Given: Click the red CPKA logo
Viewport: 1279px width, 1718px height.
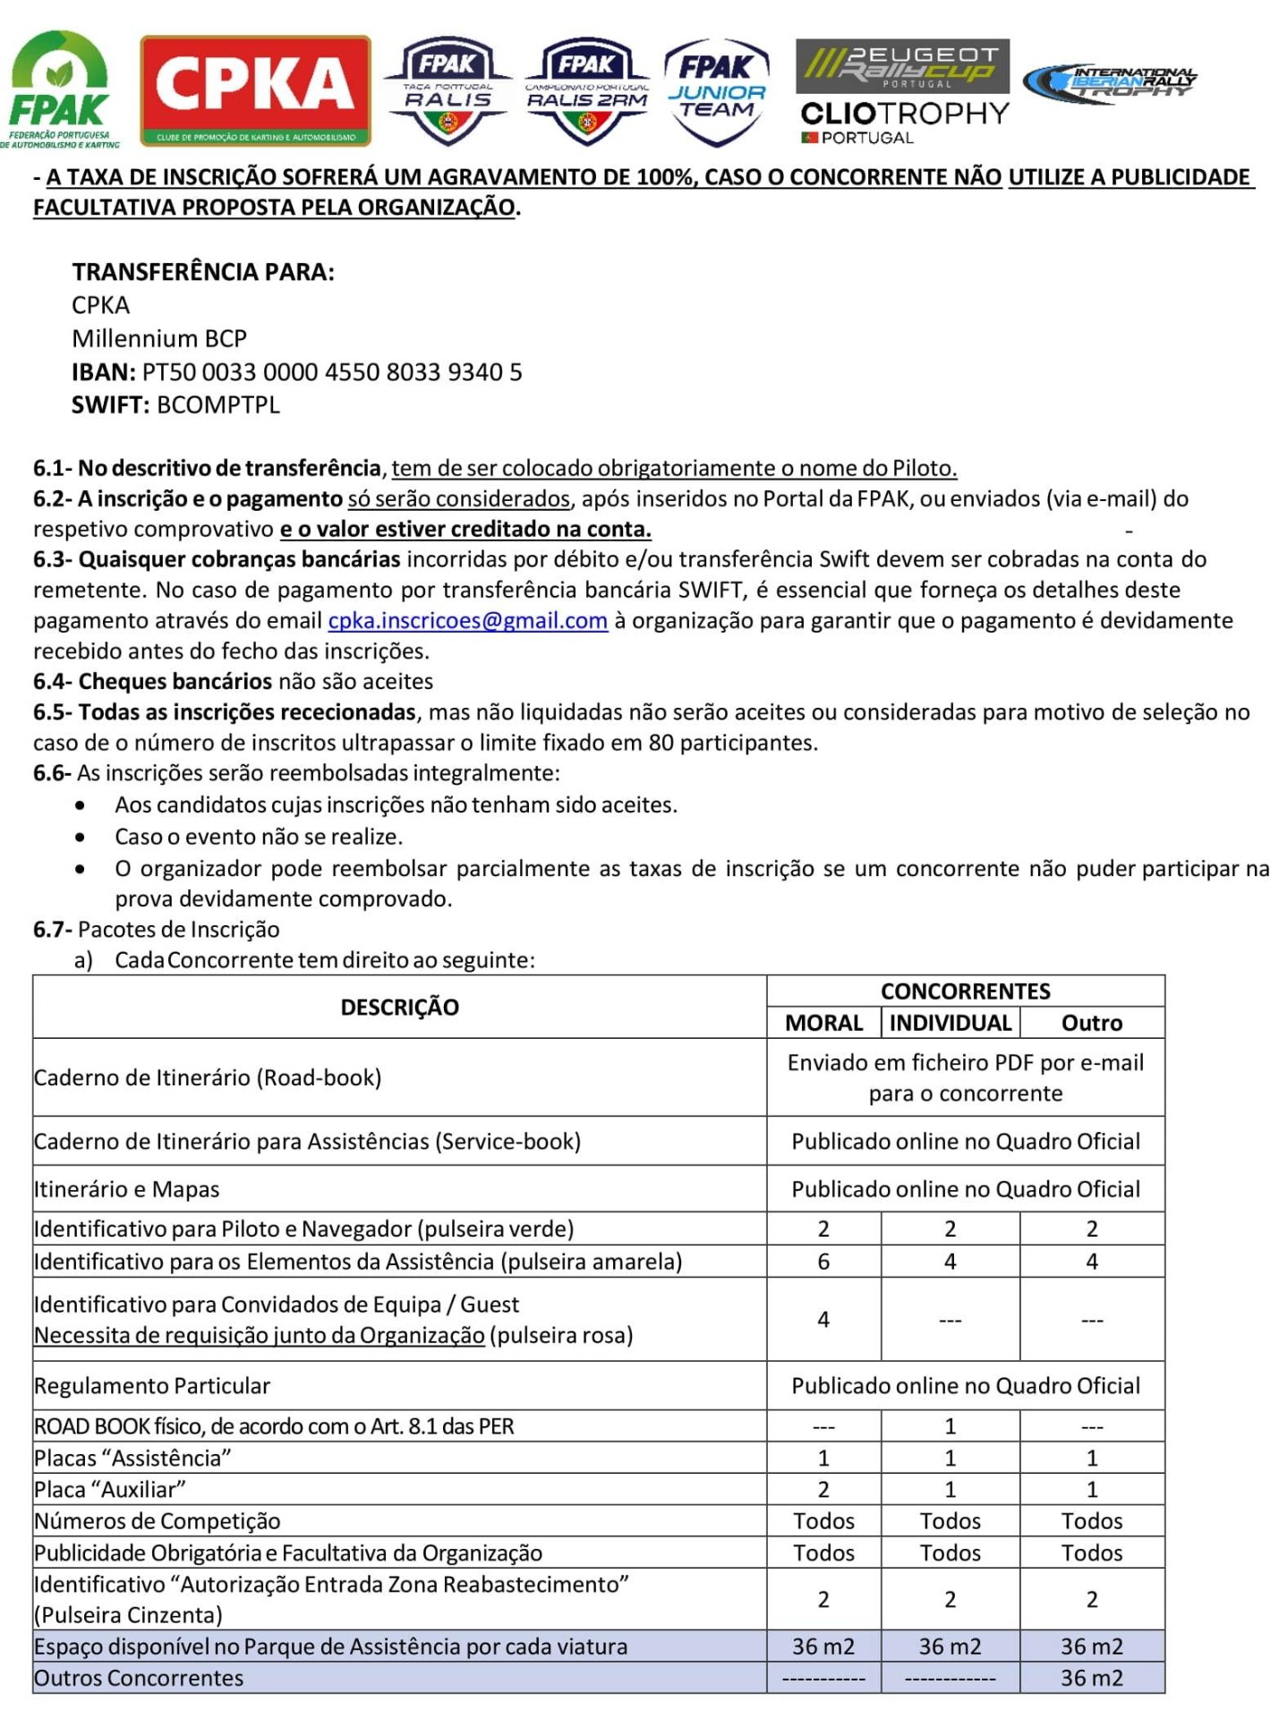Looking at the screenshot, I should coord(255,90).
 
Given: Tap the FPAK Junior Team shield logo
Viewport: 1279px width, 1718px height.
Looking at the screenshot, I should coord(716,90).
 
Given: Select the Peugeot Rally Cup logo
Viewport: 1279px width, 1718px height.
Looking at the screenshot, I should coord(902,65).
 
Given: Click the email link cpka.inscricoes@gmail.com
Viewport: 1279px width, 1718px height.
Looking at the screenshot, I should coord(467,620).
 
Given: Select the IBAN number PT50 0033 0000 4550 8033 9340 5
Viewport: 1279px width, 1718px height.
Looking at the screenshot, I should coord(331,371).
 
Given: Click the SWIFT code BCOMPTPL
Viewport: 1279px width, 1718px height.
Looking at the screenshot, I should coord(217,404).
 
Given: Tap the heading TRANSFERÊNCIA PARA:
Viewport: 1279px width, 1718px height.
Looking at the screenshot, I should coord(203,272).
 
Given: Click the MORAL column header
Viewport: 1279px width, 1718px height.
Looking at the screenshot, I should coord(823,1023).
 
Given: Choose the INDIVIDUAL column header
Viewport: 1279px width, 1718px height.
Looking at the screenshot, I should coord(950,1023).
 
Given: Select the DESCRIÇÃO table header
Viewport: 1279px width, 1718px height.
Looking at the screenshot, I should coord(399,1007).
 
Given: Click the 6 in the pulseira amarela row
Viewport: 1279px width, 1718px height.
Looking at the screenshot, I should coord(823,1262).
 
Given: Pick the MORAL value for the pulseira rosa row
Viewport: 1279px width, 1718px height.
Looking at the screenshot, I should coord(823,1319).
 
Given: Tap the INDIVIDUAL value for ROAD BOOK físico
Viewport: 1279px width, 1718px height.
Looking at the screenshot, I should coord(950,1425).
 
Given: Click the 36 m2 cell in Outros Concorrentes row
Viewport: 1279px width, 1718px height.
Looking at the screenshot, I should coord(1091,1678).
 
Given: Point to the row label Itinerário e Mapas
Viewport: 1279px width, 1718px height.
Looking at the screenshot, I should coord(126,1189).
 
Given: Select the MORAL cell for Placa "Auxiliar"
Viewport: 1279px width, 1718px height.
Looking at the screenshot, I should coord(823,1489).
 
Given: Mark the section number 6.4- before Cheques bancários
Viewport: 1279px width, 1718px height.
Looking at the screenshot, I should coord(53,682).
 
